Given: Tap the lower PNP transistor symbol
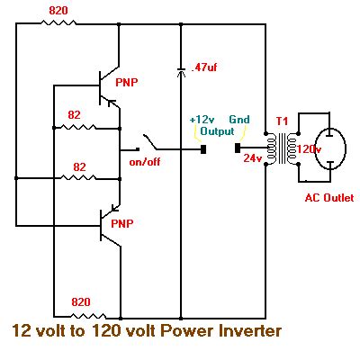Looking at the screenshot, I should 110,225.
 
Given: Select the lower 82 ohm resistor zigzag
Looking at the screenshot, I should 81,177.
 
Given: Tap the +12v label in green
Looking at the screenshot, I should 202,119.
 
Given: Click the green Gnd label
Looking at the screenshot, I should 239,119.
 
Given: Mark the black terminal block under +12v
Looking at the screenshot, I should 204,148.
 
